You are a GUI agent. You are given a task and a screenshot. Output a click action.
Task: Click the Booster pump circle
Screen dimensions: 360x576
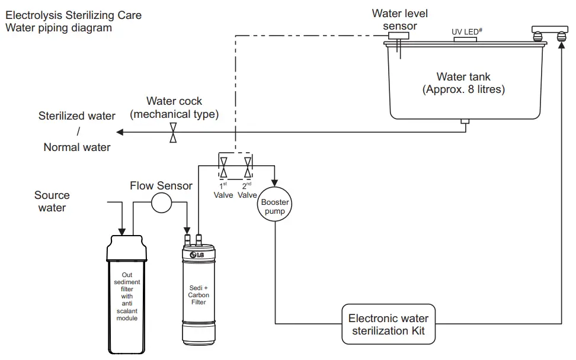pyautogui.click(x=275, y=207)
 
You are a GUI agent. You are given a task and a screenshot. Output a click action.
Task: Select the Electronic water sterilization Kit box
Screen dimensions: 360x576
pyautogui.click(x=388, y=324)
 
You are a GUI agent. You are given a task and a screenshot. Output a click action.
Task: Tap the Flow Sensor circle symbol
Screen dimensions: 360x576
pyautogui.click(x=161, y=203)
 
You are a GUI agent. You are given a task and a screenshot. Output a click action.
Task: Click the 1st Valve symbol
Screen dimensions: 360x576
pyautogui.click(x=224, y=166)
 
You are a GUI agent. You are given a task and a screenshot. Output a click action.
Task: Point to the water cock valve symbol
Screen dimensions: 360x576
pyautogui.click(x=173, y=132)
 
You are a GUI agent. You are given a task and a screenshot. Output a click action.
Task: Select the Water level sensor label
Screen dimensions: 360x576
pyautogui.click(x=400, y=20)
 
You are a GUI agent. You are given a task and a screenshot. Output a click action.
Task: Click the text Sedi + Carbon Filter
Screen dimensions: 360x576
pyautogui.click(x=199, y=295)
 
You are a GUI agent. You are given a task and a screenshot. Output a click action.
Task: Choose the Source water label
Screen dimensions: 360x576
pyautogui.click(x=52, y=201)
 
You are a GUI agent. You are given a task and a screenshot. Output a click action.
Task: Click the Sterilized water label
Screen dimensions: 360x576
pyautogui.click(x=77, y=116)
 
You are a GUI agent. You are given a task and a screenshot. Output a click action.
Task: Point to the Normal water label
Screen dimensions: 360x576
pyautogui.click(x=77, y=147)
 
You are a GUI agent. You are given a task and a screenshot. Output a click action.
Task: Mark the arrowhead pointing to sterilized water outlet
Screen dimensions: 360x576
pyautogui.click(x=120, y=132)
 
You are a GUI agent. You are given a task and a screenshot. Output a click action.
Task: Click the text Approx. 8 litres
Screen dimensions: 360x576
pyautogui.click(x=463, y=89)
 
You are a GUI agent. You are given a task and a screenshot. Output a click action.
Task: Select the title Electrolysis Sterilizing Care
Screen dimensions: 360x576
pyautogui.click(x=73, y=15)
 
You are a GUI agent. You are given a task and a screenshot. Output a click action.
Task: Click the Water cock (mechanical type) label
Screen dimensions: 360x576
pyautogui.click(x=174, y=108)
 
